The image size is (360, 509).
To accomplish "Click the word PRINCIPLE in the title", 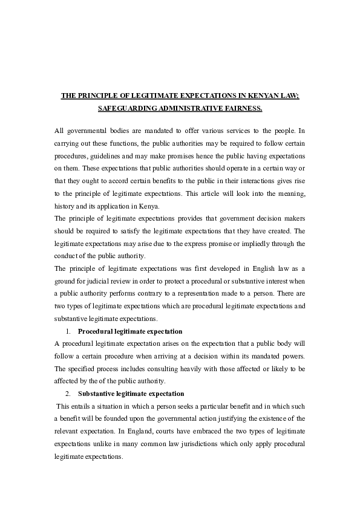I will [x=100, y=96].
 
